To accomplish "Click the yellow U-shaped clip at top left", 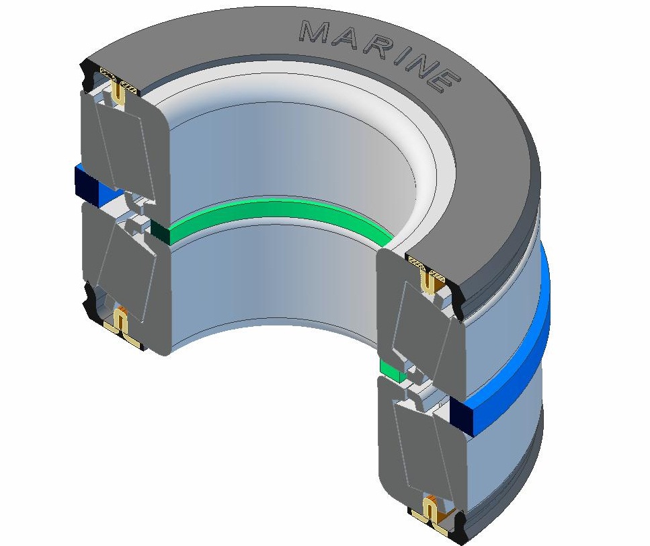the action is coord(119,92).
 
